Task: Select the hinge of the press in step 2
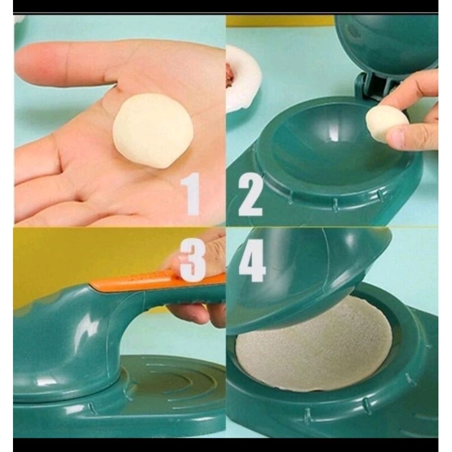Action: coord(370,85)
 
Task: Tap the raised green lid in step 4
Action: coord(305,271)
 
